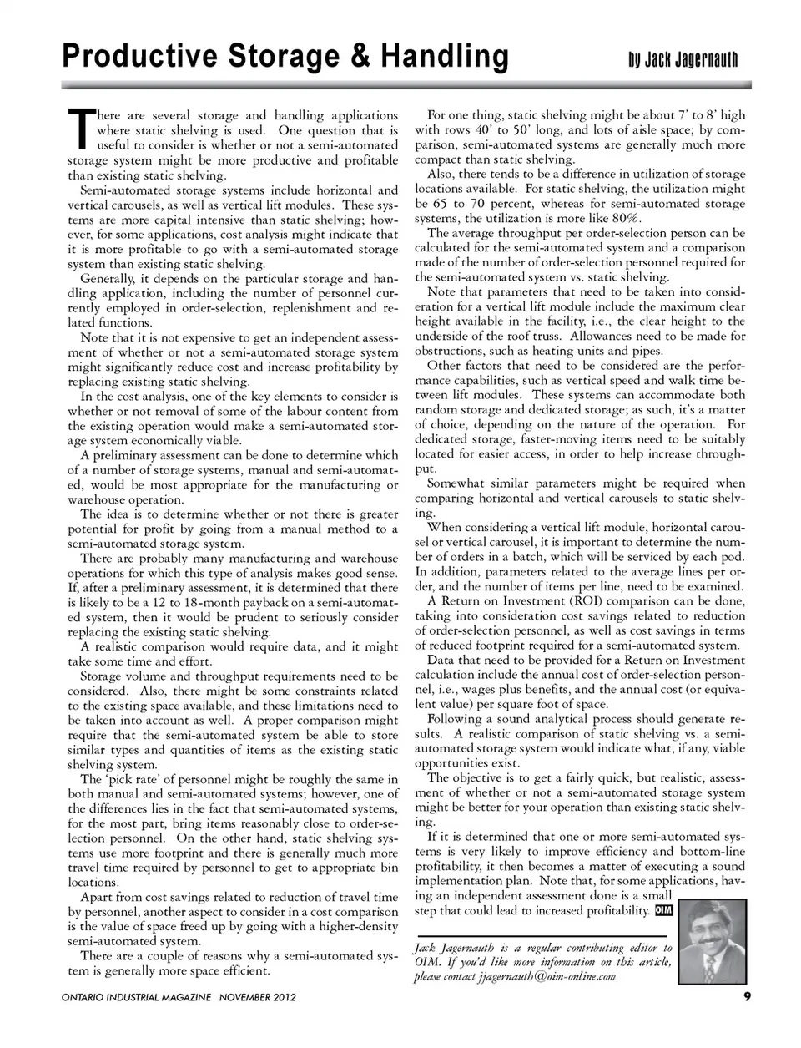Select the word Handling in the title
[444, 57]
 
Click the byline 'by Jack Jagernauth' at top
[683, 60]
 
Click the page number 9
[748, 996]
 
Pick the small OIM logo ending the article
[663, 910]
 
